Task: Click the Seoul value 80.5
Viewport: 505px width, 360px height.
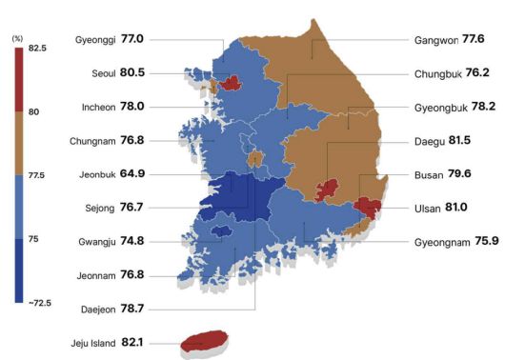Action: [132, 72]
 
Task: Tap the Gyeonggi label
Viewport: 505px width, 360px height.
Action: [95, 40]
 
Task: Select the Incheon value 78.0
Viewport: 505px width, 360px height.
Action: [132, 107]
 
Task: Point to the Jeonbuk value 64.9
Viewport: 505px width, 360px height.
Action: [132, 174]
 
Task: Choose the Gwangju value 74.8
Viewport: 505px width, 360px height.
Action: [132, 242]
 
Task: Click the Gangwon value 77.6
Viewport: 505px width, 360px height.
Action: [474, 40]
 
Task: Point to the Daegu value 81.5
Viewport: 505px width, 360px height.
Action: [461, 141]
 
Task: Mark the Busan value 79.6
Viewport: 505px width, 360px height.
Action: [460, 175]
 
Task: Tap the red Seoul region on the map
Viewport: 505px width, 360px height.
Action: [229, 83]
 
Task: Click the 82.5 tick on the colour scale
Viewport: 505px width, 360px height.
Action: [37, 48]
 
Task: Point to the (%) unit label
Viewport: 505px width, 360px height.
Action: [17, 37]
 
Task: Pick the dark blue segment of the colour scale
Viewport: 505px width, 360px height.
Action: [19, 270]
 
